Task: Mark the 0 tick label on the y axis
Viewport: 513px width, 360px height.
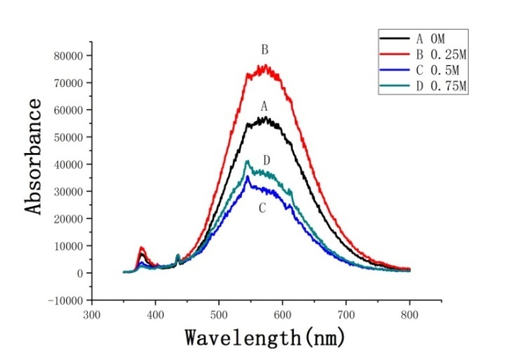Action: (x=80, y=273)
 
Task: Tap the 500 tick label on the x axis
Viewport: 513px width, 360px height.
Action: (x=219, y=315)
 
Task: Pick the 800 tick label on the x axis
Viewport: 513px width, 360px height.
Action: (x=410, y=315)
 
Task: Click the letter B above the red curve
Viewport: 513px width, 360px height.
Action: (x=265, y=51)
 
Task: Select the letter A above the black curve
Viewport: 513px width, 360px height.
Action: (x=265, y=107)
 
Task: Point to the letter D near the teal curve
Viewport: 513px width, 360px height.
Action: (x=267, y=161)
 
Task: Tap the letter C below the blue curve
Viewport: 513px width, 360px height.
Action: (x=262, y=208)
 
